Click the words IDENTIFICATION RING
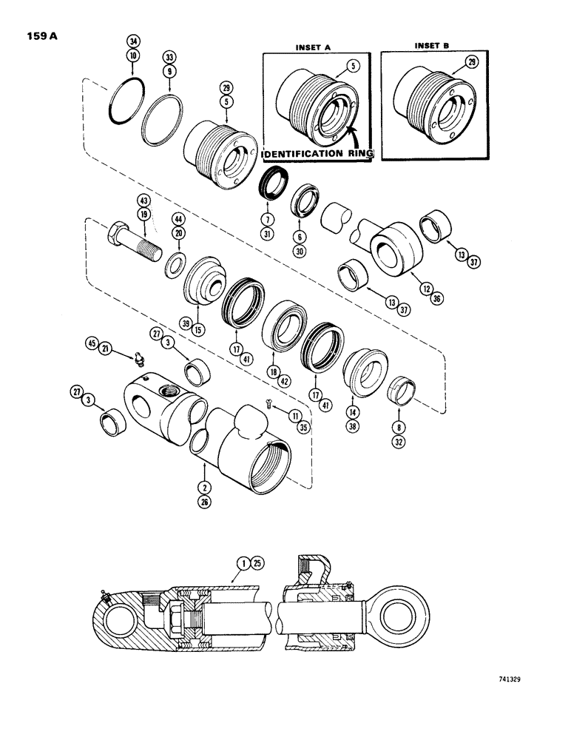[317, 154]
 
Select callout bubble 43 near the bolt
[142, 201]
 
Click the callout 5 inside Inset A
[354, 64]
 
